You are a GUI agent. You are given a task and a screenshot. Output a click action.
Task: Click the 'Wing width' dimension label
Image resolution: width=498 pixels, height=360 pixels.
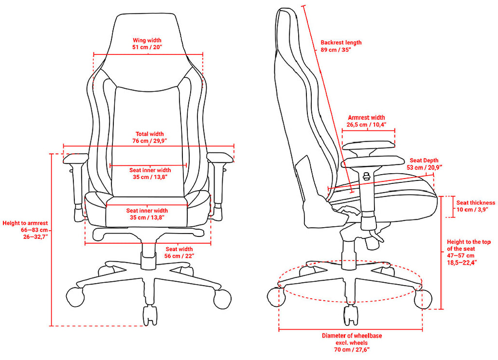tap(147, 40)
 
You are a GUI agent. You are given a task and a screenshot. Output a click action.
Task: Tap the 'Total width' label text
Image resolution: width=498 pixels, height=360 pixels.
tap(150, 134)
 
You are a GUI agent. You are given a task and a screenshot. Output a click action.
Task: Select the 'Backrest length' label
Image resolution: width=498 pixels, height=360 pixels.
tap(341, 43)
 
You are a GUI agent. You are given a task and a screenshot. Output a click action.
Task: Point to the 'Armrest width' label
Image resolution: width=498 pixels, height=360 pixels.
tap(366, 118)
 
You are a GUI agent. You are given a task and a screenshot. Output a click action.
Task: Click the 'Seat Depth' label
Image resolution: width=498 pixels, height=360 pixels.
tap(424, 161)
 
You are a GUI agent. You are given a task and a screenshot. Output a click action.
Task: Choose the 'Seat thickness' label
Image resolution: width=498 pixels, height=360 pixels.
tap(476, 203)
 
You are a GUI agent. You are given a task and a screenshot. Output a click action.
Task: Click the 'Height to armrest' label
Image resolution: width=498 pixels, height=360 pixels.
tap(25, 223)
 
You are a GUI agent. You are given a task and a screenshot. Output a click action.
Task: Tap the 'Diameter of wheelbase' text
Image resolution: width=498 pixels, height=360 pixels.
tap(352, 336)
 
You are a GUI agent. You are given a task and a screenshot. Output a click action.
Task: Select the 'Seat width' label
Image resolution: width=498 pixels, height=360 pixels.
tap(179, 249)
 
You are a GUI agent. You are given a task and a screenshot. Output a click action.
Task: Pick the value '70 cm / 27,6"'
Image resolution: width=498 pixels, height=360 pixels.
tap(352, 349)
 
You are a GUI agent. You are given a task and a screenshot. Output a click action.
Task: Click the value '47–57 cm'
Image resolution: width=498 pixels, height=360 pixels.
tap(461, 256)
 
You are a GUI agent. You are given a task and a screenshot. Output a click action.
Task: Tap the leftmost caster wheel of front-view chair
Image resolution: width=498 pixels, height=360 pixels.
tap(75, 297)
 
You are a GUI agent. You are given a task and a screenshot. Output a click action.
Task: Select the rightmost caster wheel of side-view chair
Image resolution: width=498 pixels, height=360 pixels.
tap(423, 299)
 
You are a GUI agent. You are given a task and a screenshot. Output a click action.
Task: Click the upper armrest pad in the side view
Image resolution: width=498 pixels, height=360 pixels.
tap(369, 146)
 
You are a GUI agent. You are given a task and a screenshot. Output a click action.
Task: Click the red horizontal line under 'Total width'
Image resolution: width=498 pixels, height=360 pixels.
tap(149, 146)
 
